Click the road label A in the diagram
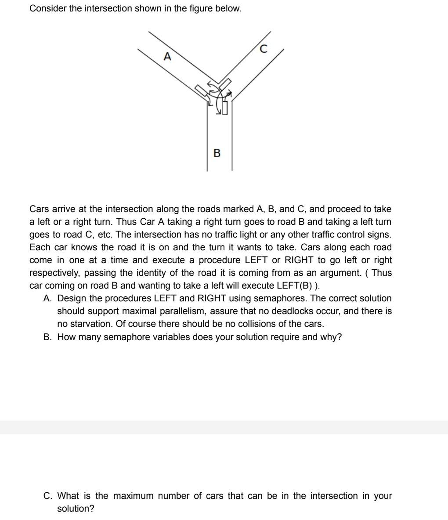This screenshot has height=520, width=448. (x=167, y=57)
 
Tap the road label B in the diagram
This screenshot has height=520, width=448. (x=217, y=153)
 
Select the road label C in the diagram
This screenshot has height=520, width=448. (x=263, y=49)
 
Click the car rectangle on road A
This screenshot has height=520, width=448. (x=202, y=91)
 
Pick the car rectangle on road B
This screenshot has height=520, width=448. (x=225, y=107)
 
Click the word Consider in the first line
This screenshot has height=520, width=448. (x=47, y=9)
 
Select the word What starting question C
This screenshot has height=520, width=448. (x=69, y=496)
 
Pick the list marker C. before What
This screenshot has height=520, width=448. (x=48, y=496)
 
